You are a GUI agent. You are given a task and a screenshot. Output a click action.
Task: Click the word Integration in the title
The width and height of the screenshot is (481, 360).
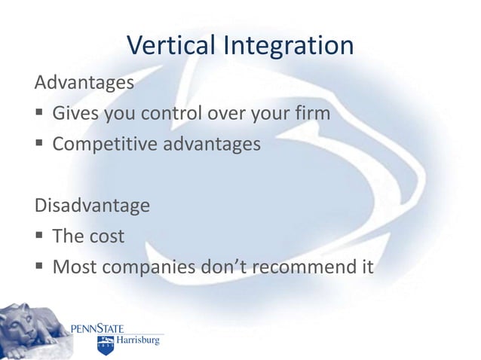click(287, 47)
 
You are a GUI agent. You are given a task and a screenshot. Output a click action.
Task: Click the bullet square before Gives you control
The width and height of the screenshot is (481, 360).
click(39, 114)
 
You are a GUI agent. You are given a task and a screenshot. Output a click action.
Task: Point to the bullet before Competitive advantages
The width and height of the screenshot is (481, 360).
click(39, 144)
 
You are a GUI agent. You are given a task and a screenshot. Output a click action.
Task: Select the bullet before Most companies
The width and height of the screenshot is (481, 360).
click(39, 265)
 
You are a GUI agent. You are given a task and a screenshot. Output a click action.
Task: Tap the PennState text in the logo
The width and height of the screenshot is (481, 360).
click(97, 328)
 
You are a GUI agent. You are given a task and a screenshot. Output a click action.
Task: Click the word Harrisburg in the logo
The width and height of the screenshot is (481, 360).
click(137, 343)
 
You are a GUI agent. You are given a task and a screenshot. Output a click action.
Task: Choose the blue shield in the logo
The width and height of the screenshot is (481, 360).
click(104, 345)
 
